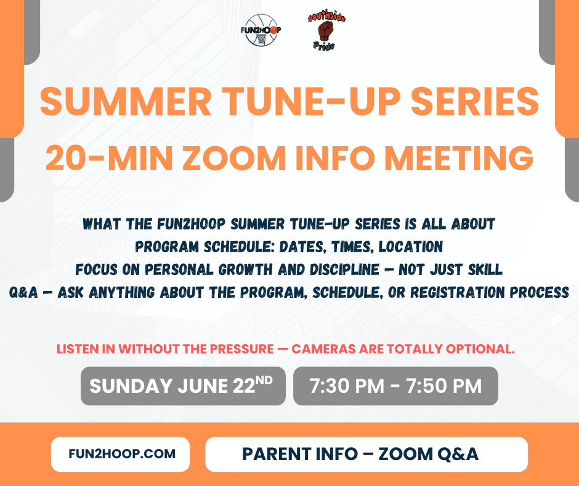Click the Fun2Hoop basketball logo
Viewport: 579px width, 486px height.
tap(261, 30)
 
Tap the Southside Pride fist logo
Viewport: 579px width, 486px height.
tap(326, 31)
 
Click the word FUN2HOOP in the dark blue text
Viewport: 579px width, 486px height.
tap(191, 224)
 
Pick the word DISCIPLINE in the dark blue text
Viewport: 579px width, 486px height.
tap(344, 270)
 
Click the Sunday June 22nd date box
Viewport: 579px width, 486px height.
tap(183, 385)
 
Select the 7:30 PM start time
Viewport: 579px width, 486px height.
tap(347, 385)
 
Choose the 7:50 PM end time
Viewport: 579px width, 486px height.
tap(444, 385)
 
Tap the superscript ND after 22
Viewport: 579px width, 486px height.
tap(264, 381)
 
